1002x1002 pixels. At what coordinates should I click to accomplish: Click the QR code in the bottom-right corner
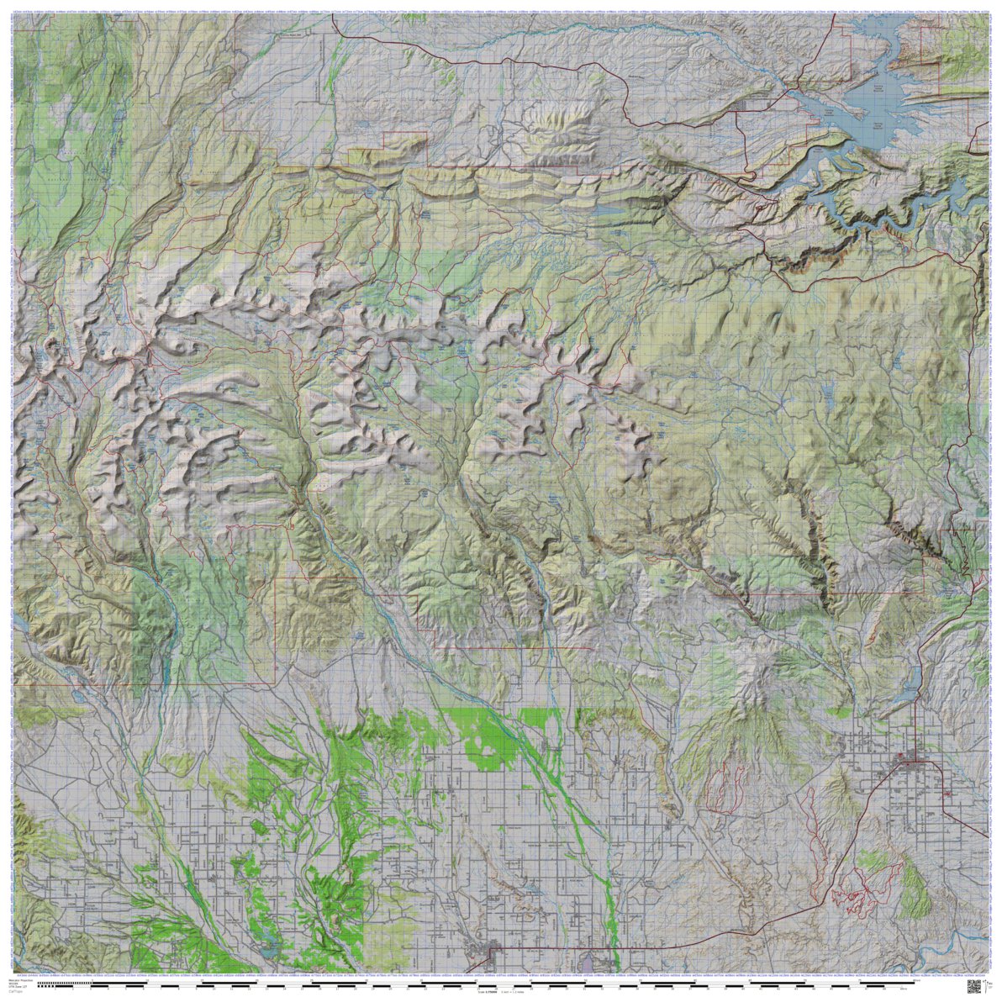pos(974,985)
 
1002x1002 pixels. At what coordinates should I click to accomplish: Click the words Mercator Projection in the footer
pos(22,979)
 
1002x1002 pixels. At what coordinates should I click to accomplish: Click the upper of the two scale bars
pos(504,982)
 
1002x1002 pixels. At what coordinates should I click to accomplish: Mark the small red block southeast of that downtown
pos(949,792)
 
